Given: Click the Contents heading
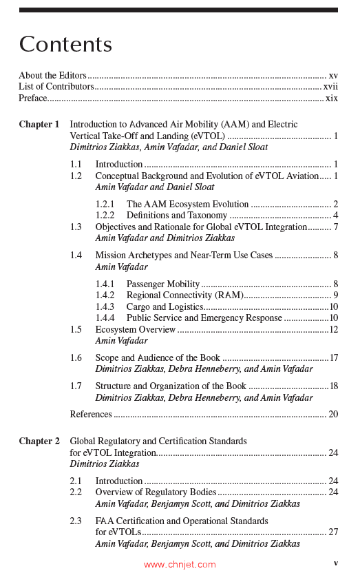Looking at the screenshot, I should (65, 45).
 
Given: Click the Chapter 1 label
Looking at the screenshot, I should (39, 125).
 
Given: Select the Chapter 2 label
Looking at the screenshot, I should (39, 441).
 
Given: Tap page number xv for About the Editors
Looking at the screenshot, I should (333, 76).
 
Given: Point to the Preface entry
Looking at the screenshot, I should (33, 98).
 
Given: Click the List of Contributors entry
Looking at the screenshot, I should (56, 87).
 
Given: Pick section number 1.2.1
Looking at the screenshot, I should (106, 205).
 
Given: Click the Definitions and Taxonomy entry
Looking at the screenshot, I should (177, 216).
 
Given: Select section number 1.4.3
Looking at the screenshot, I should (106, 306).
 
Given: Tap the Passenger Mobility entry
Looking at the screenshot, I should (163, 284).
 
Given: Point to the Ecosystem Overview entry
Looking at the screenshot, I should (136, 330).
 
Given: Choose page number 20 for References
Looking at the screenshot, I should (333, 415).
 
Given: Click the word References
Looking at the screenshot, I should (91, 415).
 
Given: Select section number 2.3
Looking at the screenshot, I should (76, 521).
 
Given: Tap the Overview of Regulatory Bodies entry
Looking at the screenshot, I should (156, 492).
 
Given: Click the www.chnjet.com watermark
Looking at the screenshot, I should (180, 565).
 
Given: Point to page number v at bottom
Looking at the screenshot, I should (335, 563).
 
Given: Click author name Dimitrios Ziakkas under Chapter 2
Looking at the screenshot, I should (105, 464).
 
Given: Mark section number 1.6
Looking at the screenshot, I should (76, 358).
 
